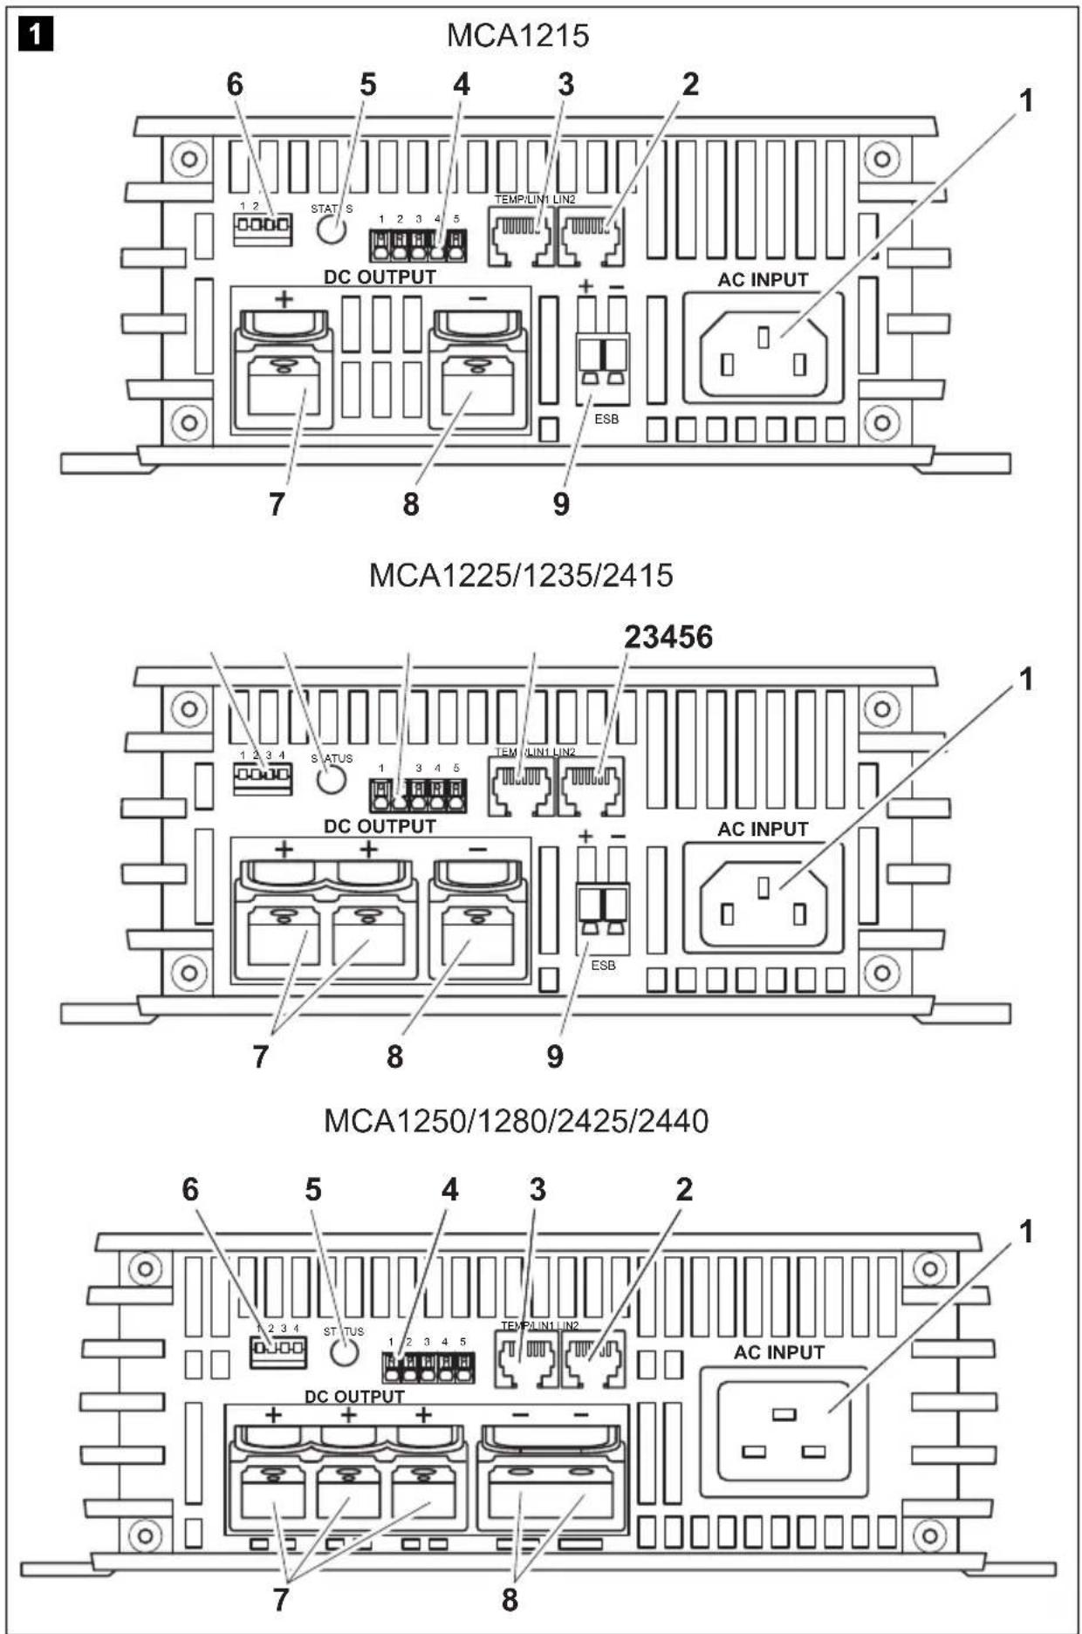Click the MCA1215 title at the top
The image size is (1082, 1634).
pos(517,36)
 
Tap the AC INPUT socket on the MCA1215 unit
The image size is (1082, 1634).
pos(764,347)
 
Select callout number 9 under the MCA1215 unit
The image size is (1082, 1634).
pos(561,503)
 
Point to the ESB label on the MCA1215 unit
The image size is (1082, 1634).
pos(606,419)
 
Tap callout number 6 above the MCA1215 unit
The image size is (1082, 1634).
pos(235,85)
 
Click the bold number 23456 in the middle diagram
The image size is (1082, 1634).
pos(668,637)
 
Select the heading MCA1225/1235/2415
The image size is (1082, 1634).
pos(520,576)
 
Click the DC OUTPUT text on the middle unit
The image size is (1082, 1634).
pos(380,825)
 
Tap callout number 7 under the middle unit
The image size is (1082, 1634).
pos(260,1056)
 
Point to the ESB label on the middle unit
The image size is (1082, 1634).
pos(603,966)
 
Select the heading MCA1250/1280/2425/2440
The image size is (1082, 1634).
pos(516,1121)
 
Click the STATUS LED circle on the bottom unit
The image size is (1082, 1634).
pos(345,1353)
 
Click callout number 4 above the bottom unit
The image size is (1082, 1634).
pos(449,1189)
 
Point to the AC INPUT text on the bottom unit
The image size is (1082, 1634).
pos(778,1352)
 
